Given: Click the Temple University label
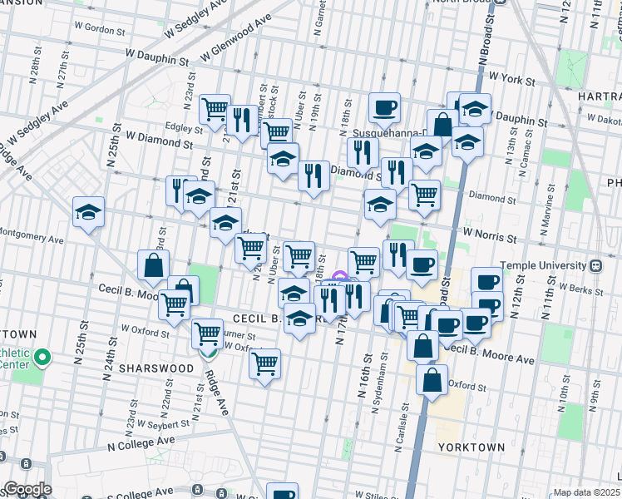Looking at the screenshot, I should (545, 266).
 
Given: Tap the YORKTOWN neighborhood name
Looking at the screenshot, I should (471, 447).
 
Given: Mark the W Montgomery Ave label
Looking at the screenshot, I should (32, 240).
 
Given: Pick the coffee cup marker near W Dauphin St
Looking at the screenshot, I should (384, 107).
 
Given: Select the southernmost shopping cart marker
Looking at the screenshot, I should (264, 363).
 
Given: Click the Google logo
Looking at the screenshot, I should (27, 489).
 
